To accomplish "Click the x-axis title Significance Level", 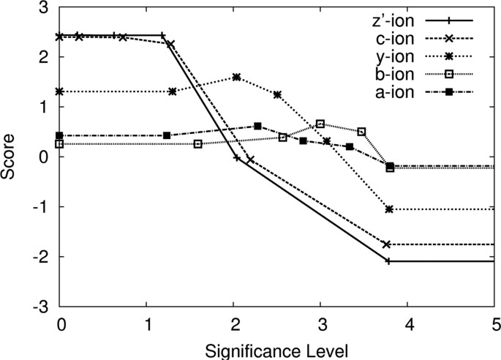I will click(x=277, y=348).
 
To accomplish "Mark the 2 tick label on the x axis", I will click(x=233, y=323).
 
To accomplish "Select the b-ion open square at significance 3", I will click(x=320, y=124).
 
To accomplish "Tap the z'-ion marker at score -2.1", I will click(x=388, y=261).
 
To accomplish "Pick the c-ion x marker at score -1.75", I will click(x=387, y=244).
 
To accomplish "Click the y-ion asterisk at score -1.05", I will click(x=389, y=209).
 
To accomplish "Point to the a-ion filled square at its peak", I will click(x=257, y=126).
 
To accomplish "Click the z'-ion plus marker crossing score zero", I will click(x=237, y=157).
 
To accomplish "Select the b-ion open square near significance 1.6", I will click(x=197, y=144).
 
